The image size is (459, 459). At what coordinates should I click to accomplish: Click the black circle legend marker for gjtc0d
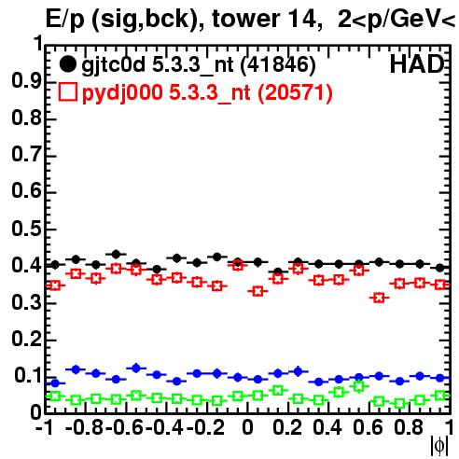click(67, 64)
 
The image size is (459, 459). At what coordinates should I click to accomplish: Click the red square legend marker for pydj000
click(68, 92)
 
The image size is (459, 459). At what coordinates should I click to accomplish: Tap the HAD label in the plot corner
click(417, 64)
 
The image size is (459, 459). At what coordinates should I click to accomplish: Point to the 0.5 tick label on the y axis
click(27, 229)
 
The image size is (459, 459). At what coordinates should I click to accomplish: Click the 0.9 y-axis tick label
click(27, 81)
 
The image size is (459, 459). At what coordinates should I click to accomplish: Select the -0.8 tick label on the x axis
click(85, 427)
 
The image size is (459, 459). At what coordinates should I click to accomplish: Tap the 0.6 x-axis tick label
click(368, 427)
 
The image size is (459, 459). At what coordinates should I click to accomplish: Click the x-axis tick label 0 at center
click(247, 427)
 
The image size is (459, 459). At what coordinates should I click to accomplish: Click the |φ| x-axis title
click(439, 446)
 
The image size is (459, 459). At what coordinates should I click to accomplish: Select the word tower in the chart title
click(245, 19)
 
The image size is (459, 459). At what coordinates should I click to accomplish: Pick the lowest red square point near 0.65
click(379, 298)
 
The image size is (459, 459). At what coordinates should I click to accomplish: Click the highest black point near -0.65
click(116, 255)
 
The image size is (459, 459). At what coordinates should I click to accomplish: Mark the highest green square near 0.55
click(359, 386)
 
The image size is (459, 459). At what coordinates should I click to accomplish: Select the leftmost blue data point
click(55, 383)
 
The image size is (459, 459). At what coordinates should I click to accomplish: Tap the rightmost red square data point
click(440, 285)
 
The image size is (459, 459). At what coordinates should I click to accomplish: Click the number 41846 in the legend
click(278, 64)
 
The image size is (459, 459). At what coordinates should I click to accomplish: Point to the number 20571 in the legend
click(296, 92)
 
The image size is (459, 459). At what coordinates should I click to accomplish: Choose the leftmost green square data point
click(55, 396)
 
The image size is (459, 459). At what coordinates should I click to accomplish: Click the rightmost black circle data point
click(439, 268)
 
